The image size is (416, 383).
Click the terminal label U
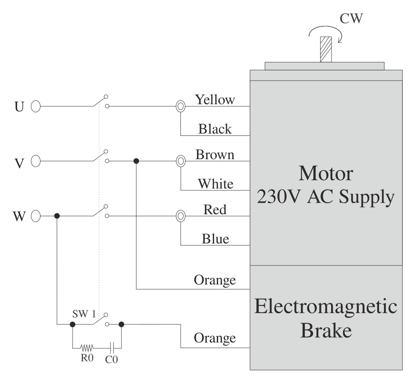click(x=19, y=107)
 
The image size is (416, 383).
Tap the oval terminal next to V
click(x=36, y=161)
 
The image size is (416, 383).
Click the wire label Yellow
click(x=215, y=100)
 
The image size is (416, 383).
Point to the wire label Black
click(x=215, y=129)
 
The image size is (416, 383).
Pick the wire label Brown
click(x=215, y=155)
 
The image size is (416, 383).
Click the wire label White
click(x=215, y=183)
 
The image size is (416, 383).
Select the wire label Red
click(x=215, y=210)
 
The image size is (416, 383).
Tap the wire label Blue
click(x=215, y=239)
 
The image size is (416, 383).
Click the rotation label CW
click(x=352, y=19)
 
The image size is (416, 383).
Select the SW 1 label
click(x=84, y=314)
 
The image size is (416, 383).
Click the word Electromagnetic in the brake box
click(x=325, y=306)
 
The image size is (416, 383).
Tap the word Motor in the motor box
click(x=326, y=173)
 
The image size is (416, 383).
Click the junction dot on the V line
click(x=136, y=161)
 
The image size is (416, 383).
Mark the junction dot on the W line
click(x=57, y=216)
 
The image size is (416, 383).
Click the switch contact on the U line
click(x=101, y=106)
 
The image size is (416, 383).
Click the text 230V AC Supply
click(x=325, y=197)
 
